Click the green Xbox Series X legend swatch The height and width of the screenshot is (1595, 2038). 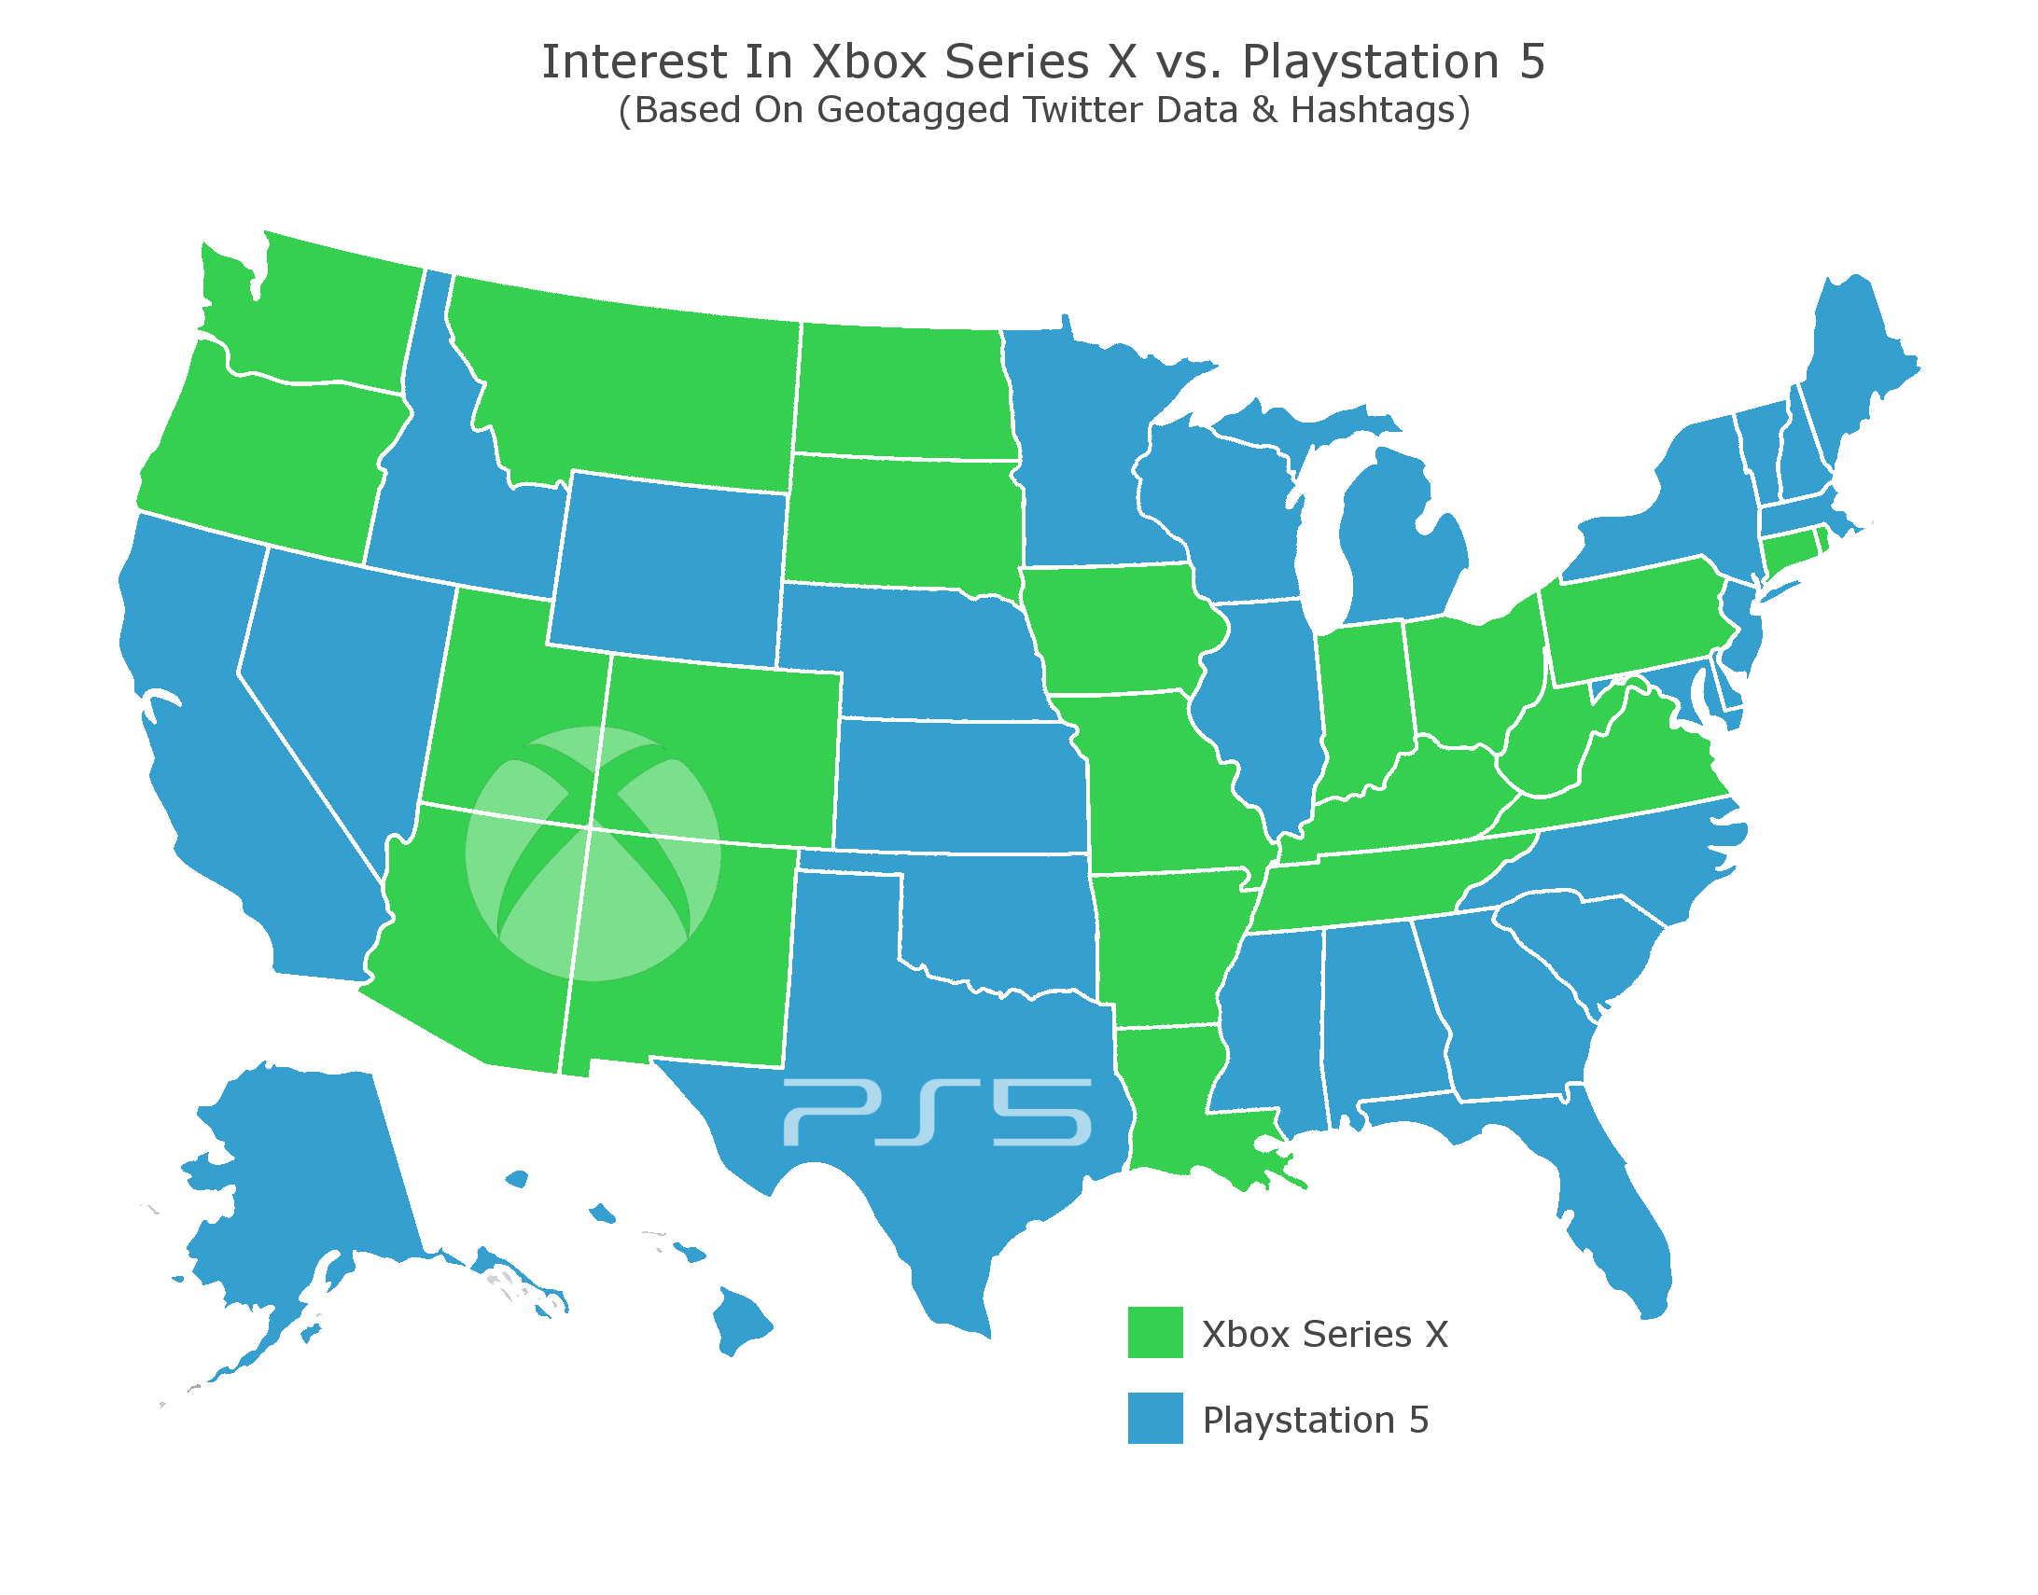coord(1154,1332)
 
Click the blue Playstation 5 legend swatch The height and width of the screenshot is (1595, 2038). coord(1154,1418)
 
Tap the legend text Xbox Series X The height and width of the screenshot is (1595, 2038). coord(1324,1335)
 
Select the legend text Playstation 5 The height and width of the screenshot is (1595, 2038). coord(1315,1421)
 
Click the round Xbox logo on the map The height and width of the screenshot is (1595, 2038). coord(593,853)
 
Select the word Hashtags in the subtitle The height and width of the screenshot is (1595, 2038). coord(1372,110)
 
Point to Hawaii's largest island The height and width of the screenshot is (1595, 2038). coord(741,1320)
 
